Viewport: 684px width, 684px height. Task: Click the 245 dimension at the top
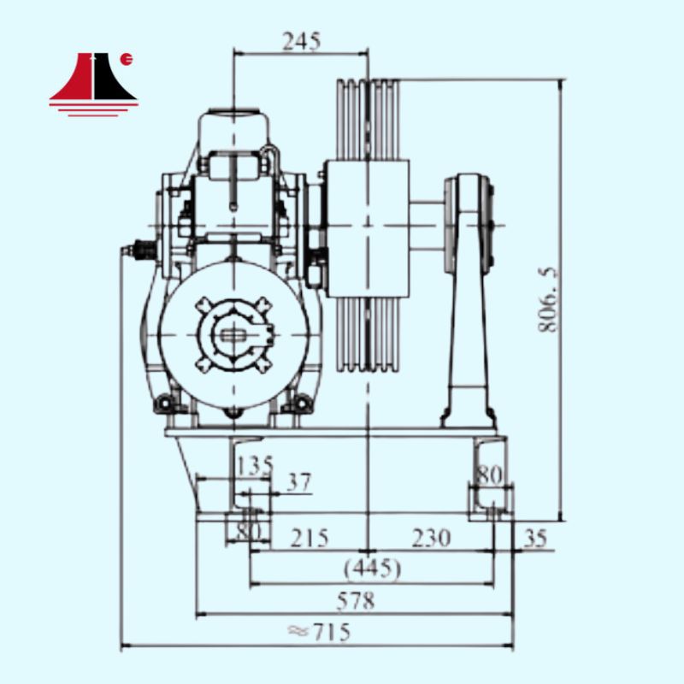pos(302,42)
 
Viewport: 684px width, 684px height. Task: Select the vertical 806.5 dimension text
pos(547,300)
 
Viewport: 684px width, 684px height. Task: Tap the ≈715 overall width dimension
pos(319,631)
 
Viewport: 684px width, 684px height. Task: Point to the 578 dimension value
pos(356,601)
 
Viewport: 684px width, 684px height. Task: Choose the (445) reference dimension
pos(372,569)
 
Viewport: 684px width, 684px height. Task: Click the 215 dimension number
pos(310,538)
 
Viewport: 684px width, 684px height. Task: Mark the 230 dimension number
pos(431,538)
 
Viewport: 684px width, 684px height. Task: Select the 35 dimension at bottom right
pos(535,539)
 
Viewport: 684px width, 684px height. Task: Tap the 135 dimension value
pos(255,465)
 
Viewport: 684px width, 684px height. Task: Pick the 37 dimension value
pos(300,482)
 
